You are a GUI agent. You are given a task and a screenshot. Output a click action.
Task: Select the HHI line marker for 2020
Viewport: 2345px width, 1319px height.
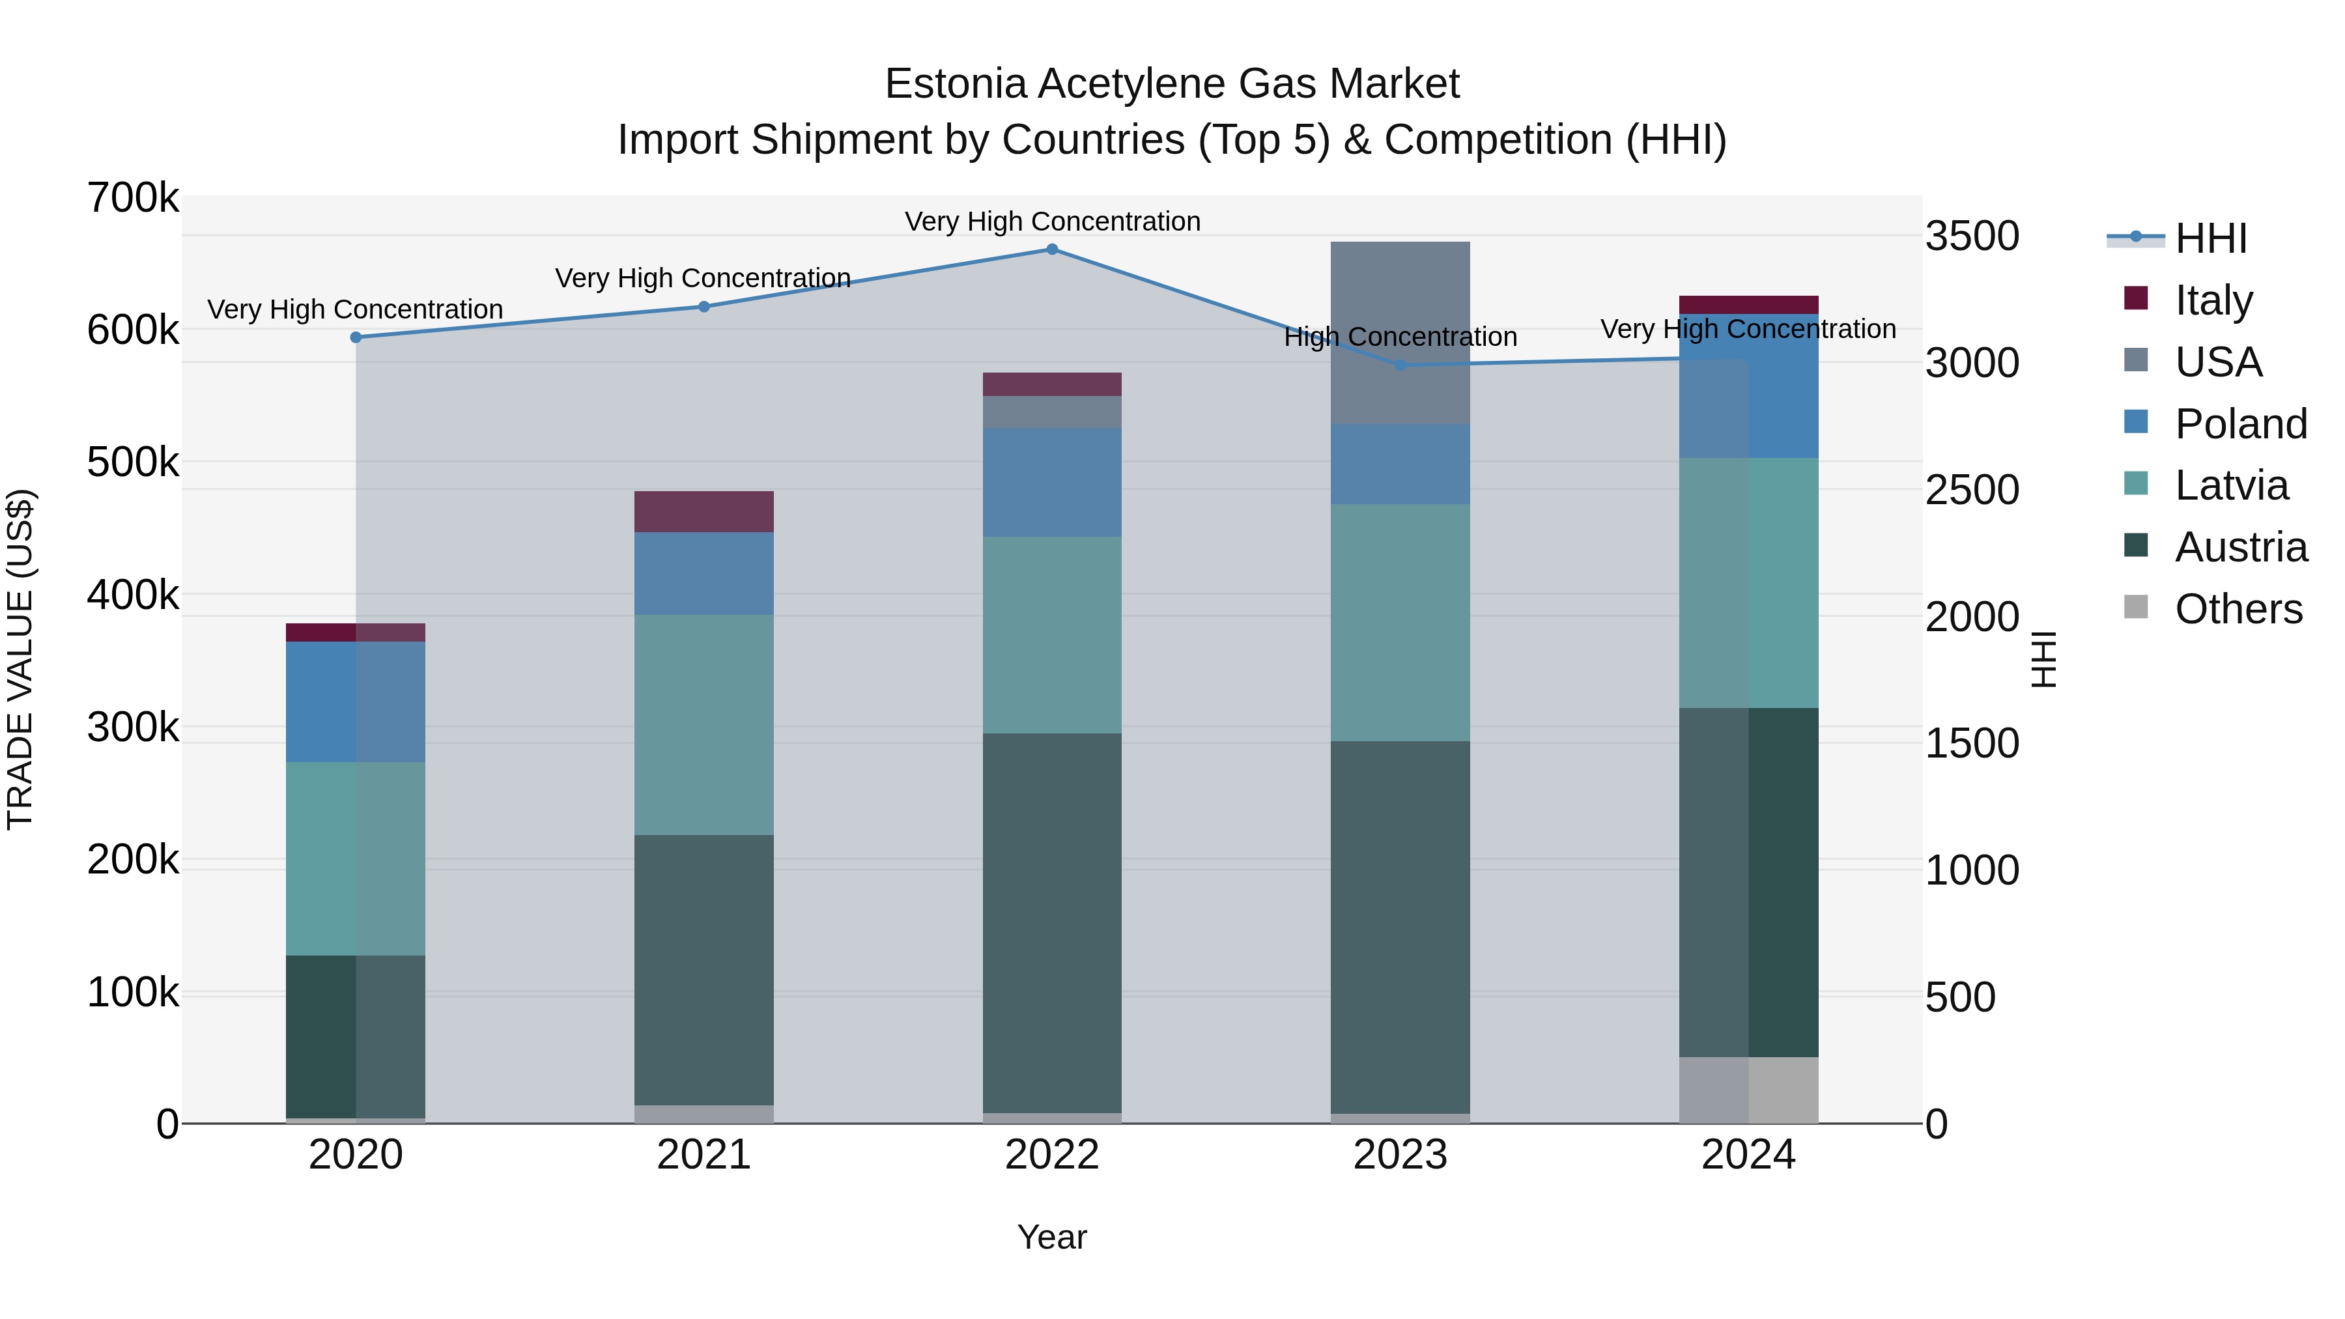point(356,337)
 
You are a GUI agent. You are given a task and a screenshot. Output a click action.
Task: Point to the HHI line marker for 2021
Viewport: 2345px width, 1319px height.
point(703,307)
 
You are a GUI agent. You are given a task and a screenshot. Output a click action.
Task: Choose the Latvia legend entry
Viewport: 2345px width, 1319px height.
point(2230,485)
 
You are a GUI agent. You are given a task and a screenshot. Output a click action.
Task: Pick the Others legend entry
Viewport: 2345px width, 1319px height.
point(2238,609)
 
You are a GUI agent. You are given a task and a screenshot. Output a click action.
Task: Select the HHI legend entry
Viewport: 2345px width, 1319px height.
point(2210,238)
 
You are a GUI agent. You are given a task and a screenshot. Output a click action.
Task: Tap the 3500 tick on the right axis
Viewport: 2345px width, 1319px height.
point(1972,236)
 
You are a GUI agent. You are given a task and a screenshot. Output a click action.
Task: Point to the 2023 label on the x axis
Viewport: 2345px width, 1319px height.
point(1400,1155)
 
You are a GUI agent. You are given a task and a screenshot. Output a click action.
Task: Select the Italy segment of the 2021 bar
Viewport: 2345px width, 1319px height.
point(703,511)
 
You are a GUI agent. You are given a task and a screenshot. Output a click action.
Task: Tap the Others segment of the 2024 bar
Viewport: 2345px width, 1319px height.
point(1749,1090)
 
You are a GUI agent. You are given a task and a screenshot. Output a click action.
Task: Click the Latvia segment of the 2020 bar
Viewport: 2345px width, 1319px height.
point(356,858)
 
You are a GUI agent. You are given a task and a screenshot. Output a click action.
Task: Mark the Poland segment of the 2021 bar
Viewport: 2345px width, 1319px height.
point(703,573)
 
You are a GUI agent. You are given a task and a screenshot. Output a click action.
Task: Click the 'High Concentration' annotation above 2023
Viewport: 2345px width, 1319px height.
point(1400,337)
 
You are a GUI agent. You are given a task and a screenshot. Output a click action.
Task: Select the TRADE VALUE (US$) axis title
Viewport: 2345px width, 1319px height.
point(21,659)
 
